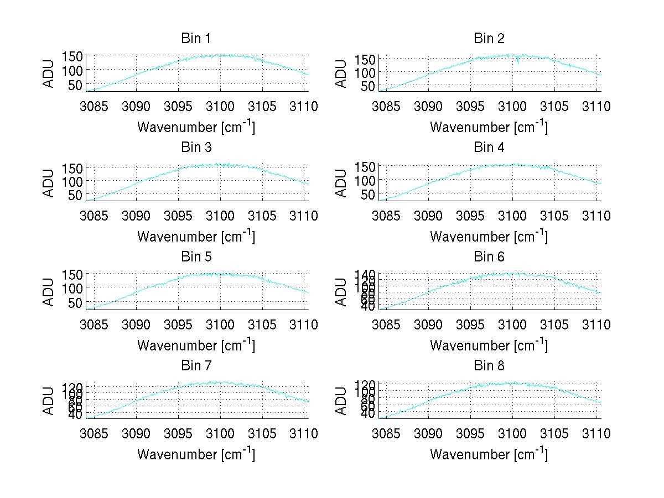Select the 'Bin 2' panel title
click(x=489, y=39)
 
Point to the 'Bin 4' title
click(x=489, y=148)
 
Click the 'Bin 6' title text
click(x=489, y=257)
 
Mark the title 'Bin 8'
click(x=489, y=366)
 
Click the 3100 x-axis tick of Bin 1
click(x=220, y=107)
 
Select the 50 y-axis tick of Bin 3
click(x=76, y=195)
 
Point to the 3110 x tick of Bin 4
click(x=596, y=216)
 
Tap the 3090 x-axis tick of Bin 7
click(x=136, y=434)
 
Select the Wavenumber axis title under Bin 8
click(x=489, y=454)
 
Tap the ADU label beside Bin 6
click(x=342, y=291)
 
